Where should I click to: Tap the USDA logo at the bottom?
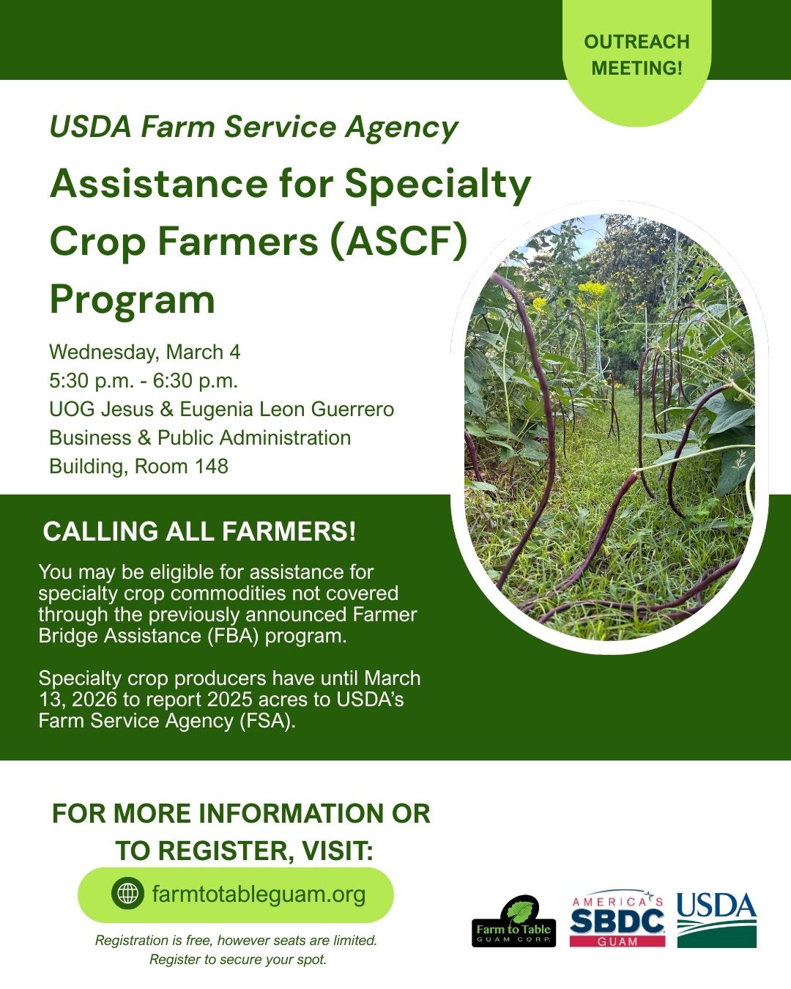(716, 919)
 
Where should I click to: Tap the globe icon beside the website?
(127, 894)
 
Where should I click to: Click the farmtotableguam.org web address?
(259, 894)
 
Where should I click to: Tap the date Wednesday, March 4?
(145, 352)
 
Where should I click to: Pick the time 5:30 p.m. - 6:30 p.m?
(144, 381)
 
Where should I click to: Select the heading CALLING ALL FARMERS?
(199, 532)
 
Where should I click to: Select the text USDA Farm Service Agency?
(253, 127)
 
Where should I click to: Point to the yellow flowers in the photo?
(592, 290)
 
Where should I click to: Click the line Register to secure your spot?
(238, 960)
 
